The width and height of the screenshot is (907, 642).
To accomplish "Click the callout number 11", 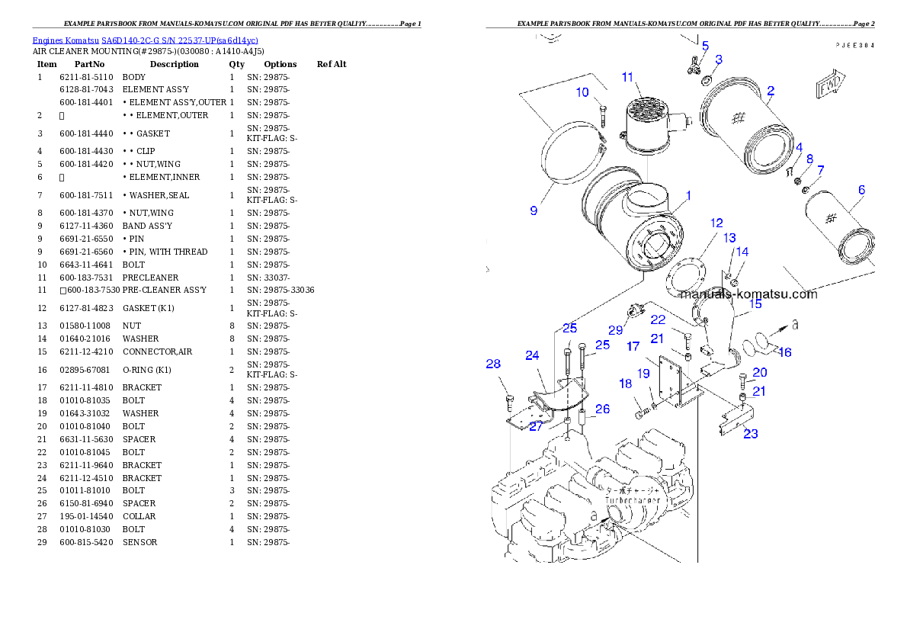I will tap(627, 77).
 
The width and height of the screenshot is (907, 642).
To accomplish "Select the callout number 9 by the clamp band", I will tap(534, 210).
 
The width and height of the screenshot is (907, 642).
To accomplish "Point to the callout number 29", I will tap(616, 330).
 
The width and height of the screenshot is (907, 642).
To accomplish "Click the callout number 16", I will tap(784, 351).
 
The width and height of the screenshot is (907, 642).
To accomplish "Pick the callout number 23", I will tap(750, 434).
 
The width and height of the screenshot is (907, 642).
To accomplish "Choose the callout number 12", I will tap(716, 223).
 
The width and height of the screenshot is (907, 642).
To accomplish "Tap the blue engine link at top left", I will tap(145, 40).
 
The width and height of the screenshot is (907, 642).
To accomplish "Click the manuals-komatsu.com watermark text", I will tap(748, 294).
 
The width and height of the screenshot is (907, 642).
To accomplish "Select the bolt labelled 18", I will tap(643, 412).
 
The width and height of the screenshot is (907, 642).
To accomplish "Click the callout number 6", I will tap(861, 189).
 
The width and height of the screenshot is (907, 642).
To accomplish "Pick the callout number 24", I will tap(532, 355).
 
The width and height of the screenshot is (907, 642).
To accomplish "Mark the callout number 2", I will tap(771, 91).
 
